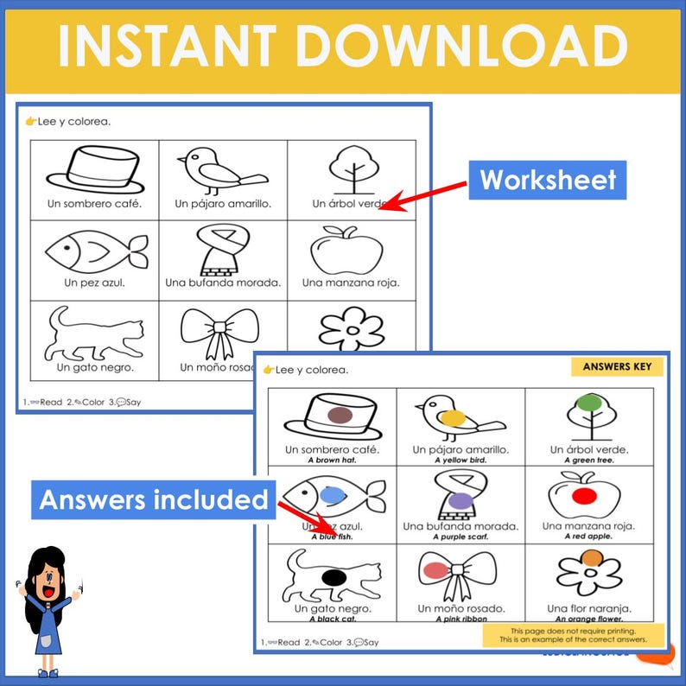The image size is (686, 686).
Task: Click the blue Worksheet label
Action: click(x=548, y=180)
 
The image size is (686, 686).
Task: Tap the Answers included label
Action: click(x=155, y=500)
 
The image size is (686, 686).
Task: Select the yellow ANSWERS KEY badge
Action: click(x=618, y=366)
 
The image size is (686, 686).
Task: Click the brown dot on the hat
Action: click(x=339, y=416)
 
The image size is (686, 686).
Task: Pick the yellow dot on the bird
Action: click(x=452, y=417)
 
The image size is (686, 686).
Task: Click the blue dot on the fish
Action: click(x=332, y=494)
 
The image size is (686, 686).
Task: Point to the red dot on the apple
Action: click(x=586, y=496)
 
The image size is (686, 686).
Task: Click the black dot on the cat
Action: click(x=333, y=575)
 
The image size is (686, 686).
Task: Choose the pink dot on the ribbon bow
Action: click(x=436, y=569)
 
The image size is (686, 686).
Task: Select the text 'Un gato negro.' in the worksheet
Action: click(x=95, y=367)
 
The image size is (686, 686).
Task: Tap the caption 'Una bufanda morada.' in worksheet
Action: click(x=223, y=283)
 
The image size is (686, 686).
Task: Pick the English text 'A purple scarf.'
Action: click(x=461, y=537)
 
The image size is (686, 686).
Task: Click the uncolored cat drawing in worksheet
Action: click(x=94, y=333)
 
